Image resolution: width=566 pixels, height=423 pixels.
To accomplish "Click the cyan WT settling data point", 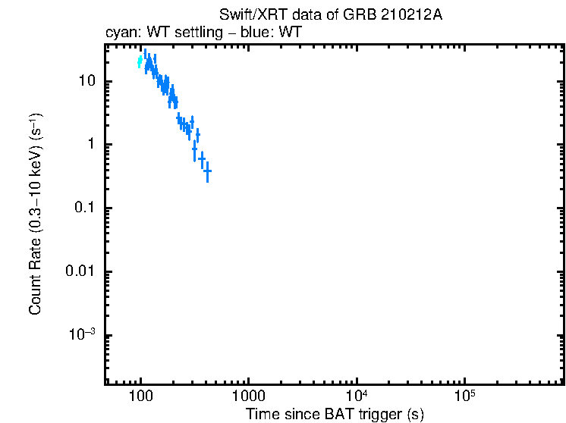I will click(x=140, y=62).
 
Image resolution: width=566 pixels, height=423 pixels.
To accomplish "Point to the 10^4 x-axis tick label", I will click(x=356, y=396).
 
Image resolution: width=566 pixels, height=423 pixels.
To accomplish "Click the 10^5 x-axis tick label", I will click(x=464, y=396).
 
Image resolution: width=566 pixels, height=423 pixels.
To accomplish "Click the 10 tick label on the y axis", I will click(x=86, y=81).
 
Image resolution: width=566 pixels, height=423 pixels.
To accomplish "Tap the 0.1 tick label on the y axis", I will click(x=84, y=208).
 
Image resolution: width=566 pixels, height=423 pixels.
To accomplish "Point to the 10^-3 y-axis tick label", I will click(x=81, y=334).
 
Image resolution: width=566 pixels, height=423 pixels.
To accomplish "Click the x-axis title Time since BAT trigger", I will click(x=335, y=414).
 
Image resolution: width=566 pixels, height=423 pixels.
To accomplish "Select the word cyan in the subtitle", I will click(x=119, y=34).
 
